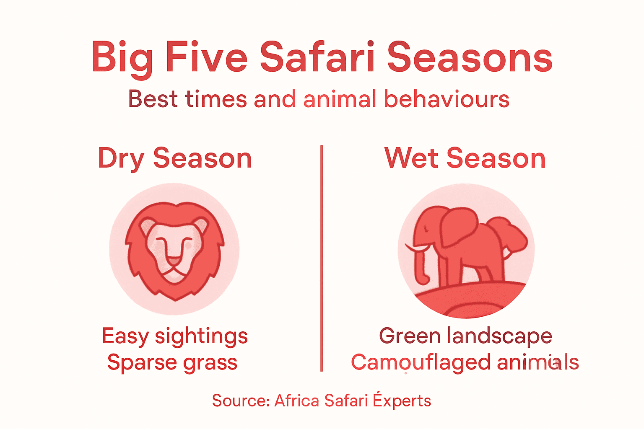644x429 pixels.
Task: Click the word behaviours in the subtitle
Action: (x=447, y=100)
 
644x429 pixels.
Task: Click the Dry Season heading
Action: (x=175, y=159)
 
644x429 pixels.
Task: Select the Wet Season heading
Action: (x=465, y=159)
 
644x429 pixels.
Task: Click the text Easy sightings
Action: (x=175, y=336)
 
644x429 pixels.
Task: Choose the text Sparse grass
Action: (x=172, y=362)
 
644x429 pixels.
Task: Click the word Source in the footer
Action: (x=240, y=401)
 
